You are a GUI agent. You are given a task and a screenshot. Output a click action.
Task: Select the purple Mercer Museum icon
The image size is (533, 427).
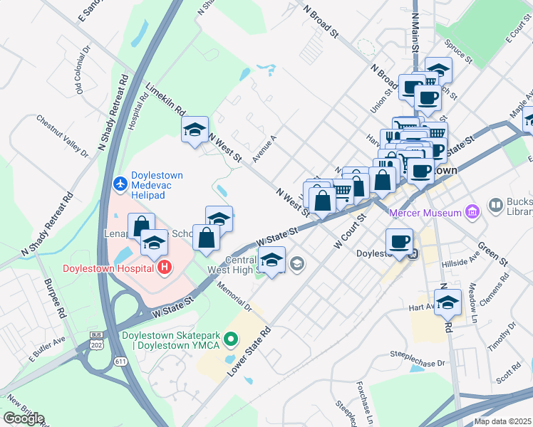tap(470, 211)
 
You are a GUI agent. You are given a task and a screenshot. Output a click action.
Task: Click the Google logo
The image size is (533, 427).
tap(23, 418)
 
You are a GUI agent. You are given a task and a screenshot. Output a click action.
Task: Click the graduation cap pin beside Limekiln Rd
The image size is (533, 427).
tap(195, 130)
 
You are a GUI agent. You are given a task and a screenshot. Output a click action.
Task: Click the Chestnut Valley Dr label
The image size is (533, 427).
tap(62, 136)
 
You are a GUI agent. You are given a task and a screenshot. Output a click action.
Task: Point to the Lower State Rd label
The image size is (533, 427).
tap(250, 351)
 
